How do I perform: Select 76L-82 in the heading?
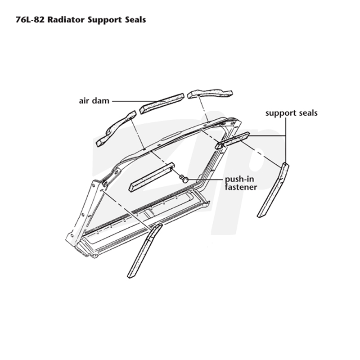click(30, 20)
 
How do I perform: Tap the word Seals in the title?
click(135, 20)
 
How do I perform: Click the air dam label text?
click(94, 101)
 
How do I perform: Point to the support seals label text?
click(291, 113)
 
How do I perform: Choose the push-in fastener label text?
click(241, 183)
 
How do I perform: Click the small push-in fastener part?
click(184, 178)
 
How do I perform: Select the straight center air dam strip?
click(162, 103)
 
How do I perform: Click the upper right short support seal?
click(232, 140)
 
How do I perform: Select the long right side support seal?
click(273, 190)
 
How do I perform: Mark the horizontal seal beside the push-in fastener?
click(152, 177)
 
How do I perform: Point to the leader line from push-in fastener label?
click(206, 179)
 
